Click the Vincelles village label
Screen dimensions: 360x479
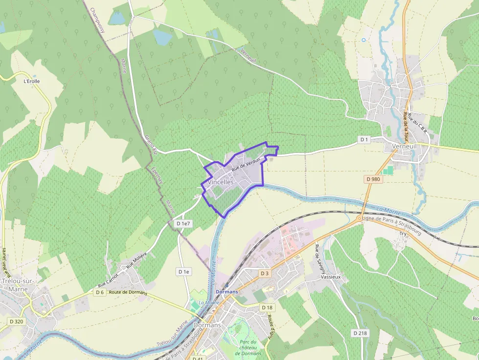pos(221,182)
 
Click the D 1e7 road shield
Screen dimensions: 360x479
pos(183,223)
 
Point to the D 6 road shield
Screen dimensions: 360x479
pos(100,292)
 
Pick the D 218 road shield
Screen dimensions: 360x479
pos(359,333)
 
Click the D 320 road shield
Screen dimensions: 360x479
pos(16,321)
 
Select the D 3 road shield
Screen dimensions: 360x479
pos(265,273)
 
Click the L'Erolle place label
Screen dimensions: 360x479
pos(32,81)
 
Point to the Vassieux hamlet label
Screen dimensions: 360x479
pos(330,276)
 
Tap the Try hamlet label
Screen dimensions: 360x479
pos(403,234)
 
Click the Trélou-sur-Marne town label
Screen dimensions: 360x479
pos(15,285)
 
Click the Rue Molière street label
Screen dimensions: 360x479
pos(136,264)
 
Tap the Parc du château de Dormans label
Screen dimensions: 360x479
pos(249,347)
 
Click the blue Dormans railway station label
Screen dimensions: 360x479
pos(227,292)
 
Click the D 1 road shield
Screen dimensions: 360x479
pos(364,140)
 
